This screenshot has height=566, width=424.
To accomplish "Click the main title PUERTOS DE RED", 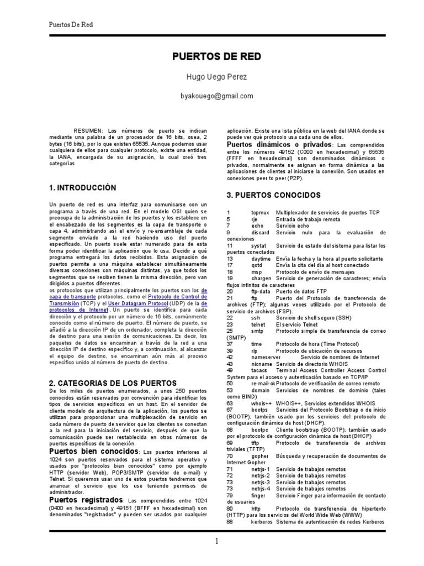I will click(x=212, y=57).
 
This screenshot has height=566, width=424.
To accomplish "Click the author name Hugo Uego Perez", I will click(x=212, y=77).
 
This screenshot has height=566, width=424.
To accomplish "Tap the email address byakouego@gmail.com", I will click(x=212, y=96).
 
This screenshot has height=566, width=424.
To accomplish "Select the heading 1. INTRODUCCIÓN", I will click(x=83, y=188).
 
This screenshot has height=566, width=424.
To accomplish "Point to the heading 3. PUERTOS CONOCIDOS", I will click(x=273, y=195).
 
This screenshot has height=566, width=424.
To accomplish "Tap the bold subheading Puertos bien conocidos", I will click(x=91, y=452).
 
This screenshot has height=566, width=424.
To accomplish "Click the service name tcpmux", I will click(x=260, y=213).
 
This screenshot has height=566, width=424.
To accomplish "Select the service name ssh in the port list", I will click(x=255, y=318).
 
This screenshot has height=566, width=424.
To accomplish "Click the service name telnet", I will click(x=258, y=325).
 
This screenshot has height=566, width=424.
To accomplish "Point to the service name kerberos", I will click(x=262, y=522).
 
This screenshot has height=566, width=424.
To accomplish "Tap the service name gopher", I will click(x=259, y=457).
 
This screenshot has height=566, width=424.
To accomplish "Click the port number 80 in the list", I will click(x=230, y=509).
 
